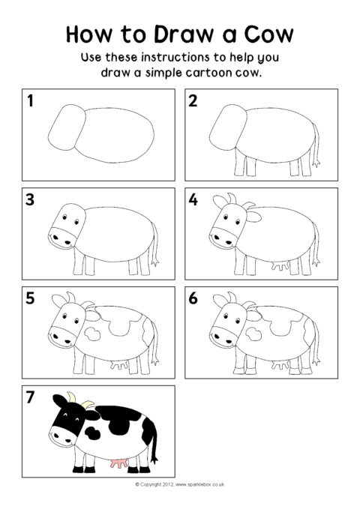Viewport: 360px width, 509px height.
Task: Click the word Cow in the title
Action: pyautogui.click(x=268, y=34)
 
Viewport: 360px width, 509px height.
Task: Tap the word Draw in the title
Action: pyautogui.click(x=184, y=34)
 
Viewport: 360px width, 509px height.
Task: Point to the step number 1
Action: pyautogui.click(x=30, y=100)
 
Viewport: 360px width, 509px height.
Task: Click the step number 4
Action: pyautogui.click(x=193, y=199)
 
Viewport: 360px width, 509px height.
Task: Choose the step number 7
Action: pyautogui.click(x=30, y=397)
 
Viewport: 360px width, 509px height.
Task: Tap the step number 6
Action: pyautogui.click(x=193, y=298)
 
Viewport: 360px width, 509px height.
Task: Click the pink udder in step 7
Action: pyautogui.click(x=118, y=463)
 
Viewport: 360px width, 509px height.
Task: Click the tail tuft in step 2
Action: pyautogui.click(x=316, y=163)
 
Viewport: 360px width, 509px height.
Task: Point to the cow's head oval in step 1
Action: pyautogui.click(x=67, y=127)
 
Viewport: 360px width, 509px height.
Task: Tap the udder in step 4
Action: pyautogui.click(x=280, y=266)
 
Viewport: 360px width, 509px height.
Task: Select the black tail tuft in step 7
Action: pyautogui.click(x=154, y=459)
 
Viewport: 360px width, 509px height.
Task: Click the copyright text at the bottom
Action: pyautogui.click(x=180, y=485)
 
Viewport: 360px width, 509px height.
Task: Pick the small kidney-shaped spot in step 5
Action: pyautogui.click(x=92, y=334)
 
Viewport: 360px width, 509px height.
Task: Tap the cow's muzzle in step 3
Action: pyautogui.click(x=62, y=238)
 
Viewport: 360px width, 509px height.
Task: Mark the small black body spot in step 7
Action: pyautogui.click(x=92, y=433)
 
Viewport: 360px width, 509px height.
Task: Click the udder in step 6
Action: pyautogui.click(x=280, y=364)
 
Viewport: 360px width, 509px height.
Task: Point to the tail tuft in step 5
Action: pyautogui.click(x=154, y=361)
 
